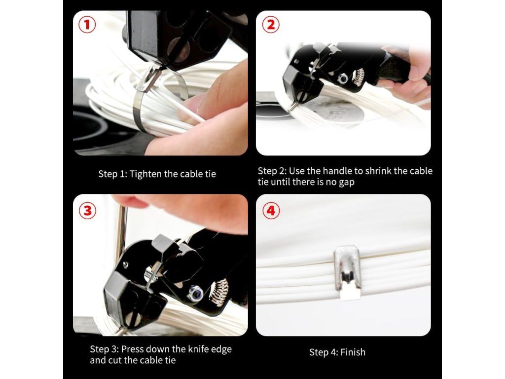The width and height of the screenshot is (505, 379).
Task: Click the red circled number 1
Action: point(87,25)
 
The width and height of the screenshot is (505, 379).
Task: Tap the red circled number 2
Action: point(271,25)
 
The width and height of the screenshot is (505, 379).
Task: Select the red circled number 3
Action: point(88,211)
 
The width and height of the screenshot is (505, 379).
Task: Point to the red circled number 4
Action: point(271,211)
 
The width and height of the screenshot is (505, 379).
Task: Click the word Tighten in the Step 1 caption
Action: point(145,174)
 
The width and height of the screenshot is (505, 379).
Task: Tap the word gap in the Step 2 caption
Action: point(347,183)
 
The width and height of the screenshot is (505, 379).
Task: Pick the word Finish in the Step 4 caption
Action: point(353,352)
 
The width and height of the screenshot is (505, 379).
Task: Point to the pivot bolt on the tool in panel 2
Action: point(343,77)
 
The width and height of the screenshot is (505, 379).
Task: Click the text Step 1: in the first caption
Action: point(113,174)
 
